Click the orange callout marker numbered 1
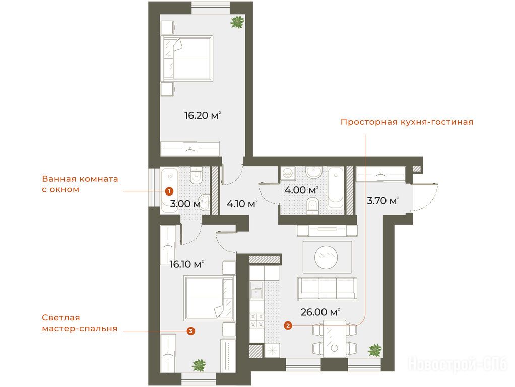169,191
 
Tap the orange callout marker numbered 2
288,326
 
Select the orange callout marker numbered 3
190,331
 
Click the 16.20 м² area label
203,115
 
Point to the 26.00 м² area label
320,312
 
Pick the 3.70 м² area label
383,201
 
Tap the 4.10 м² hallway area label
242,204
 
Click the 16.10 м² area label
186,264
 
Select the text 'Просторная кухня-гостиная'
407,122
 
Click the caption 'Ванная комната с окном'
80,184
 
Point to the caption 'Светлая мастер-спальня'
80,323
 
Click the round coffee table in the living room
326,257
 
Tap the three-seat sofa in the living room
328,289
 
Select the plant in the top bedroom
237,22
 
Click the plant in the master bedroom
199,365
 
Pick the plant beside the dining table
375,350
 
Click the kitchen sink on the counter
256,290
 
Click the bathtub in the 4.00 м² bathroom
336,188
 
